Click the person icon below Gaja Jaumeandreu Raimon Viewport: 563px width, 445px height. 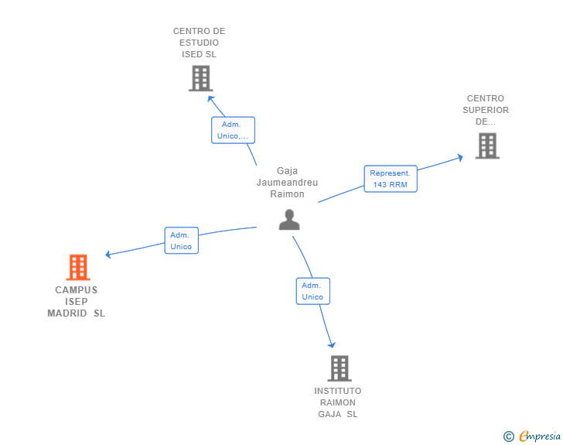(x=289, y=220)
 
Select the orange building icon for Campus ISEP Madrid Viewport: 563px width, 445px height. (x=78, y=267)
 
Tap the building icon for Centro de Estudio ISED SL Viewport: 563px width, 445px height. (x=200, y=78)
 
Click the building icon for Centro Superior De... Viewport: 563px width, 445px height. (x=487, y=145)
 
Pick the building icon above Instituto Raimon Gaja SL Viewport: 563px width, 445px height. (x=339, y=368)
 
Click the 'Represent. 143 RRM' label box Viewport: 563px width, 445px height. (x=391, y=179)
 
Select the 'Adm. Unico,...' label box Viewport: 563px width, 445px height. (x=233, y=130)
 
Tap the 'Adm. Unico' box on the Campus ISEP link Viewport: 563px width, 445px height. (x=181, y=241)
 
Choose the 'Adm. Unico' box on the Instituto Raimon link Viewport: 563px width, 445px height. (x=312, y=291)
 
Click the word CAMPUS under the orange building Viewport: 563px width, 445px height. (x=77, y=290)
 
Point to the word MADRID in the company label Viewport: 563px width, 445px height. (x=68, y=313)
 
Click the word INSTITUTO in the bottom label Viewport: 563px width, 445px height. (x=338, y=391)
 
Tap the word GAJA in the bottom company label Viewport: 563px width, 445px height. (x=330, y=414)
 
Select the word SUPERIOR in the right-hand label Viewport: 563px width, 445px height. (x=486, y=110)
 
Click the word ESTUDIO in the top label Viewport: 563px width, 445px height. (x=199, y=43)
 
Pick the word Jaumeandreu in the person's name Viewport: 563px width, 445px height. (x=287, y=183)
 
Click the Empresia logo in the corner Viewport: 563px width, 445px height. (x=540, y=436)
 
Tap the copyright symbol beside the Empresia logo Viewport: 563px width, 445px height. (x=509, y=436)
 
